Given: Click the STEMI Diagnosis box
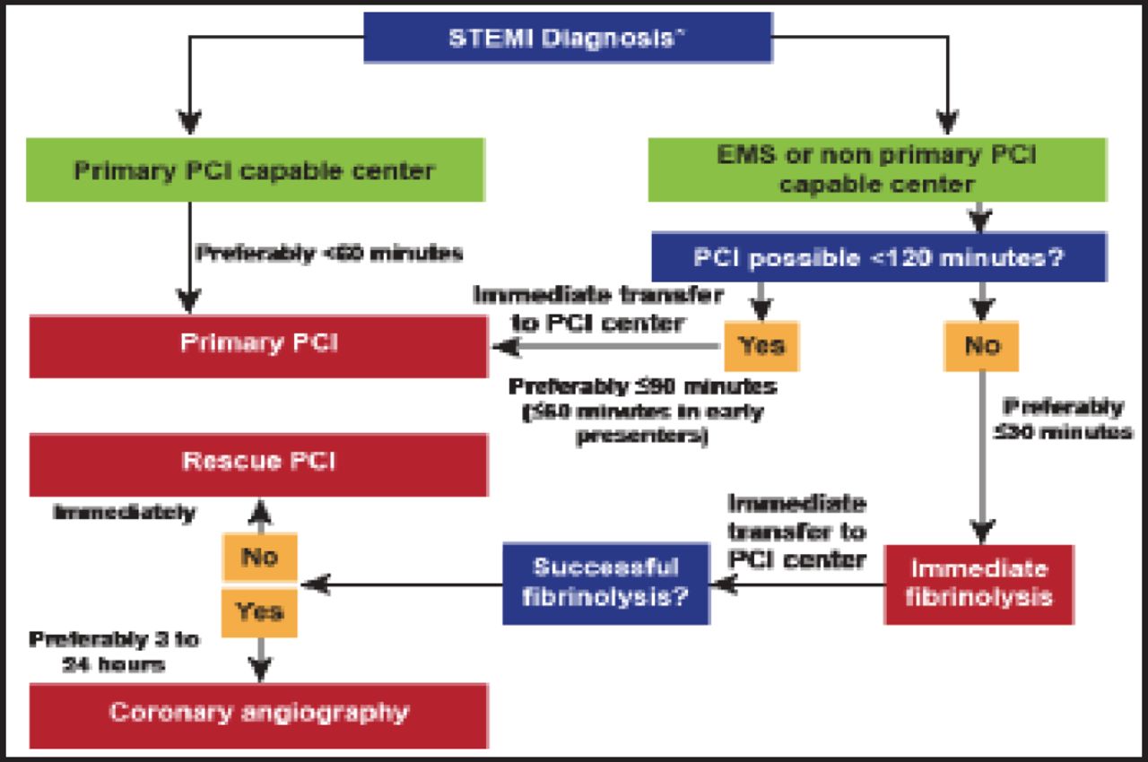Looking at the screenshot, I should [x=568, y=39].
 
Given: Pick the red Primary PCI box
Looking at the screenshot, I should [x=258, y=345].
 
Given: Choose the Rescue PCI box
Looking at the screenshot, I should [x=258, y=463].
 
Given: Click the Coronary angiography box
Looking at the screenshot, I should [x=258, y=714].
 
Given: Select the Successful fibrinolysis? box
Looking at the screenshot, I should [x=606, y=582].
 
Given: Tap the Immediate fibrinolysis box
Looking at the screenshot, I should [x=978, y=584].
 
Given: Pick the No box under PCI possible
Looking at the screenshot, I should [x=981, y=345].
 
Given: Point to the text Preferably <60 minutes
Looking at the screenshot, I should [x=329, y=254].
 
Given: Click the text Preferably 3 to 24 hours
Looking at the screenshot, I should [x=115, y=653].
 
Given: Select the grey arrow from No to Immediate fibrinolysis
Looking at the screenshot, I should [x=981, y=457].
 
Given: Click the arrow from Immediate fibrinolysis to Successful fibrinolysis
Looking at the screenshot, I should [x=798, y=584].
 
